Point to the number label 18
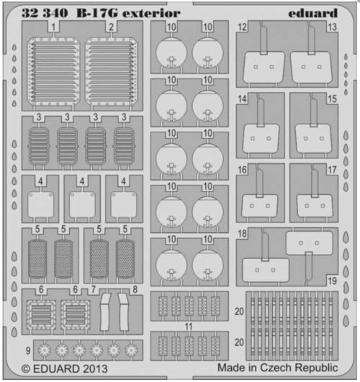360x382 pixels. [x=243, y=235]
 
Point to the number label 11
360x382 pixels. [x=189, y=327]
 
